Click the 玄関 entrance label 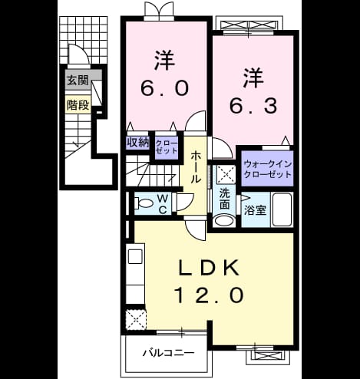tap(78, 81)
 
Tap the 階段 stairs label tap(78, 105)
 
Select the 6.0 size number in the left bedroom tap(165, 88)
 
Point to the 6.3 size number tap(253, 106)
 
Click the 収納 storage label tap(138, 143)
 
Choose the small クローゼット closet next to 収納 tap(167, 147)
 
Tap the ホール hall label tap(196, 166)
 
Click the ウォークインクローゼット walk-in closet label tap(268, 169)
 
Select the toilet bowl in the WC tap(144, 203)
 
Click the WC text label tap(163, 204)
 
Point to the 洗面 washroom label tap(225, 199)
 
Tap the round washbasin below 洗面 tap(225, 221)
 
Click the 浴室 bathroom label tap(255, 209)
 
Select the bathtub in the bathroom tap(282, 209)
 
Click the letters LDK tap(209, 269)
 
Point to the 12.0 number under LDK tap(209, 295)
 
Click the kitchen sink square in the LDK tap(135, 256)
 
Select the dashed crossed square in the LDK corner tap(136, 319)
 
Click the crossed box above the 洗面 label tap(226, 175)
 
